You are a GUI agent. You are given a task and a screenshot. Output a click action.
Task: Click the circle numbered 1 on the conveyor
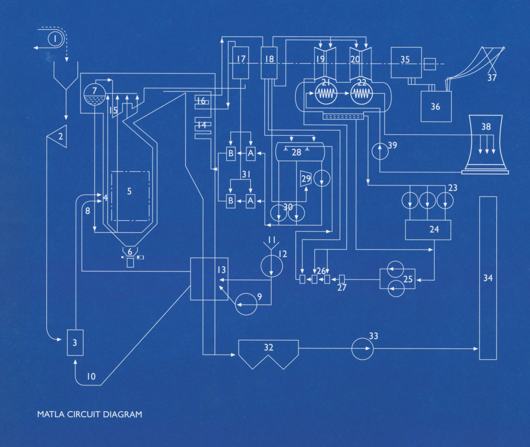55,38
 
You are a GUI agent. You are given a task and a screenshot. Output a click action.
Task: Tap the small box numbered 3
75,342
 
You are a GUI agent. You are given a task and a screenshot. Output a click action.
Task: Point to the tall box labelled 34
488,278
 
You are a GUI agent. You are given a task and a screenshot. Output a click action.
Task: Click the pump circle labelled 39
380,152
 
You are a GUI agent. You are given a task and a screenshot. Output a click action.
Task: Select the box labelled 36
436,107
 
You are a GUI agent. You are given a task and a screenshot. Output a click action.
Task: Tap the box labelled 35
406,62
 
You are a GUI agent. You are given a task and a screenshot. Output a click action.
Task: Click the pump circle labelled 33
362,349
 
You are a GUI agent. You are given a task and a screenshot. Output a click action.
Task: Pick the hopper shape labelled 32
268,352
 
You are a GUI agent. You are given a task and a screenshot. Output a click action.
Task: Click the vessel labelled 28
300,152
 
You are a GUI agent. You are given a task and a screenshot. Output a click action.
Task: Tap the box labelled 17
241,62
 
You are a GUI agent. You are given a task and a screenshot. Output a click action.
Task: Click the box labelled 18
269,62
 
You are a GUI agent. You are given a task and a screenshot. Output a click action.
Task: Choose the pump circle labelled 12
272,266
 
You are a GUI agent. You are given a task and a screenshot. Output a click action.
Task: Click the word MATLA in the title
51,414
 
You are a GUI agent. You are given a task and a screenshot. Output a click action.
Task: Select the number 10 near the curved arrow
91,376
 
